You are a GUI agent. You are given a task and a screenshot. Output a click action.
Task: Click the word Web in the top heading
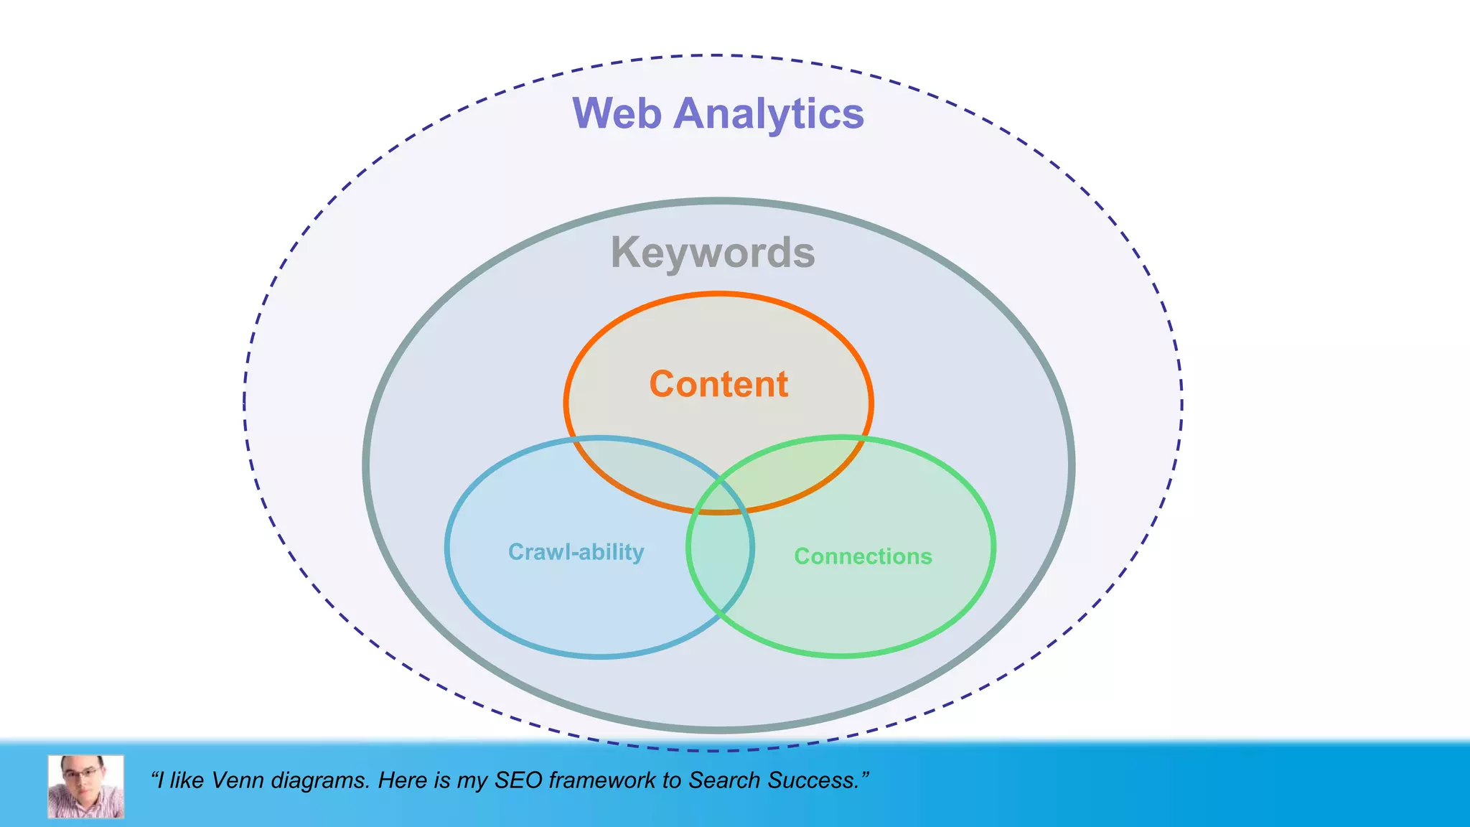[x=616, y=113]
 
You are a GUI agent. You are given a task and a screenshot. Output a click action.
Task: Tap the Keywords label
[x=713, y=253]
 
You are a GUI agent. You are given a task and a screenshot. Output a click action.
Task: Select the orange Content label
[x=718, y=384]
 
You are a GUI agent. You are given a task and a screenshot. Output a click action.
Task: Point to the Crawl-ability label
[x=576, y=552]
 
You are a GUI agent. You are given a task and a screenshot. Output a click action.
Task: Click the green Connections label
[x=863, y=556]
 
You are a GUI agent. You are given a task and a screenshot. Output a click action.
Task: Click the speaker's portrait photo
[x=86, y=786]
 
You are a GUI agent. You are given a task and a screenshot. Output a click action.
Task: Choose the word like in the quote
[x=187, y=780]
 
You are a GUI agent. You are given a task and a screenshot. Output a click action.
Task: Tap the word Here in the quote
[x=403, y=780]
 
